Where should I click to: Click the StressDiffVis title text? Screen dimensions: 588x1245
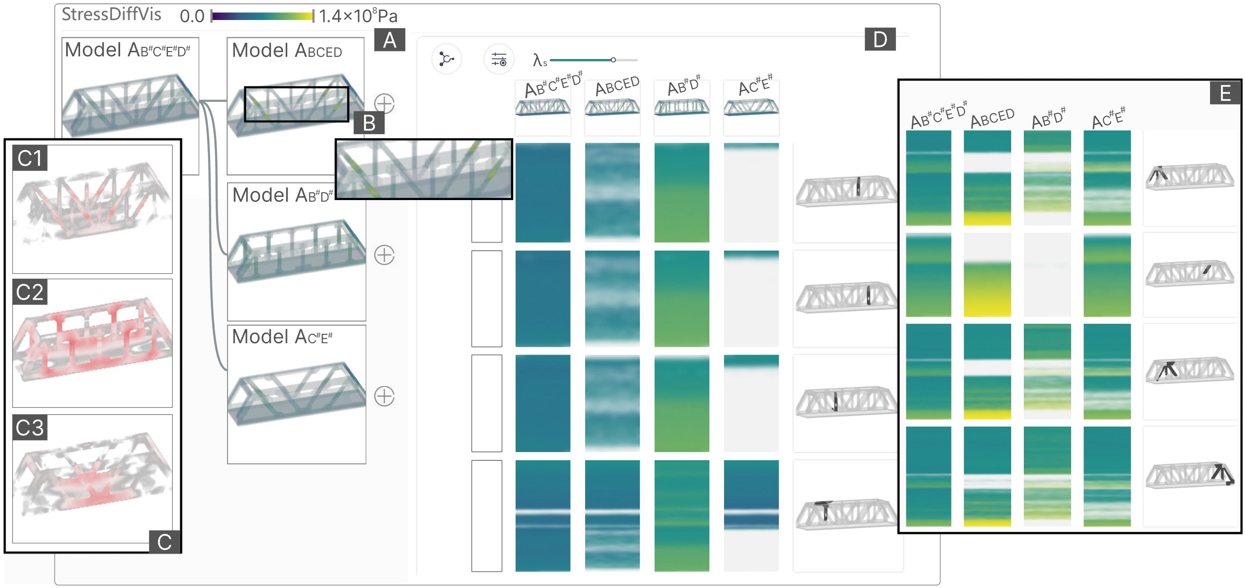pos(111,15)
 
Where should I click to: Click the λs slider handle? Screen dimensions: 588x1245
pos(613,60)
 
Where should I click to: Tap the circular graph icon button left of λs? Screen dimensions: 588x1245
pos(446,60)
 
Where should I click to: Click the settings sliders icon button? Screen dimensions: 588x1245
pos(498,60)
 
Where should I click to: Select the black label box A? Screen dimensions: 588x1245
pos(390,40)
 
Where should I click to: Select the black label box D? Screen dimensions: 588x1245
pos(880,40)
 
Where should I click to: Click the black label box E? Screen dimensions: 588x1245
pos(1225,93)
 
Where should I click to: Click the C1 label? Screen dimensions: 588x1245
pos(30,158)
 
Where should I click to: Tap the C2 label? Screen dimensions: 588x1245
pos(30,292)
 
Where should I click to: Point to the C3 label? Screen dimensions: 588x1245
pos(30,427)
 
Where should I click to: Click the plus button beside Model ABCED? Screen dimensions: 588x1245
pos(385,103)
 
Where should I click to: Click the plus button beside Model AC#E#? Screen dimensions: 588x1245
pos(385,396)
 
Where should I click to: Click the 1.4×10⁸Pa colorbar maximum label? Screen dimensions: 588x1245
pos(358,16)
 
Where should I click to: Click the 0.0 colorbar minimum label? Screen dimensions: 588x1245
pos(192,16)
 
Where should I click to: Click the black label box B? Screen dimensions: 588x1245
pos(369,123)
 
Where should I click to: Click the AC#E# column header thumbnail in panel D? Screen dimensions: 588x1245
pos(751,107)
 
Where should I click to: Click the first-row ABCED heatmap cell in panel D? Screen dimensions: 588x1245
pos(612,192)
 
